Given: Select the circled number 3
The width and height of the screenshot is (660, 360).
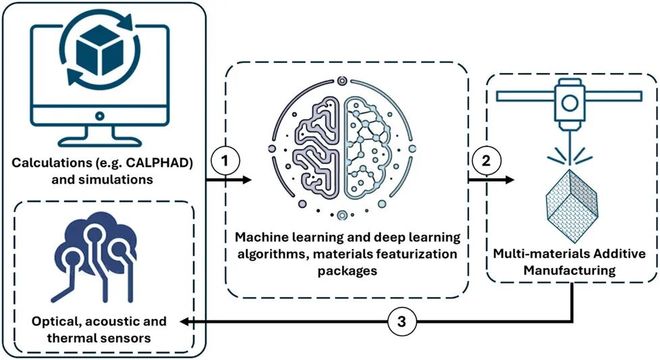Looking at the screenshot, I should [397, 323].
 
